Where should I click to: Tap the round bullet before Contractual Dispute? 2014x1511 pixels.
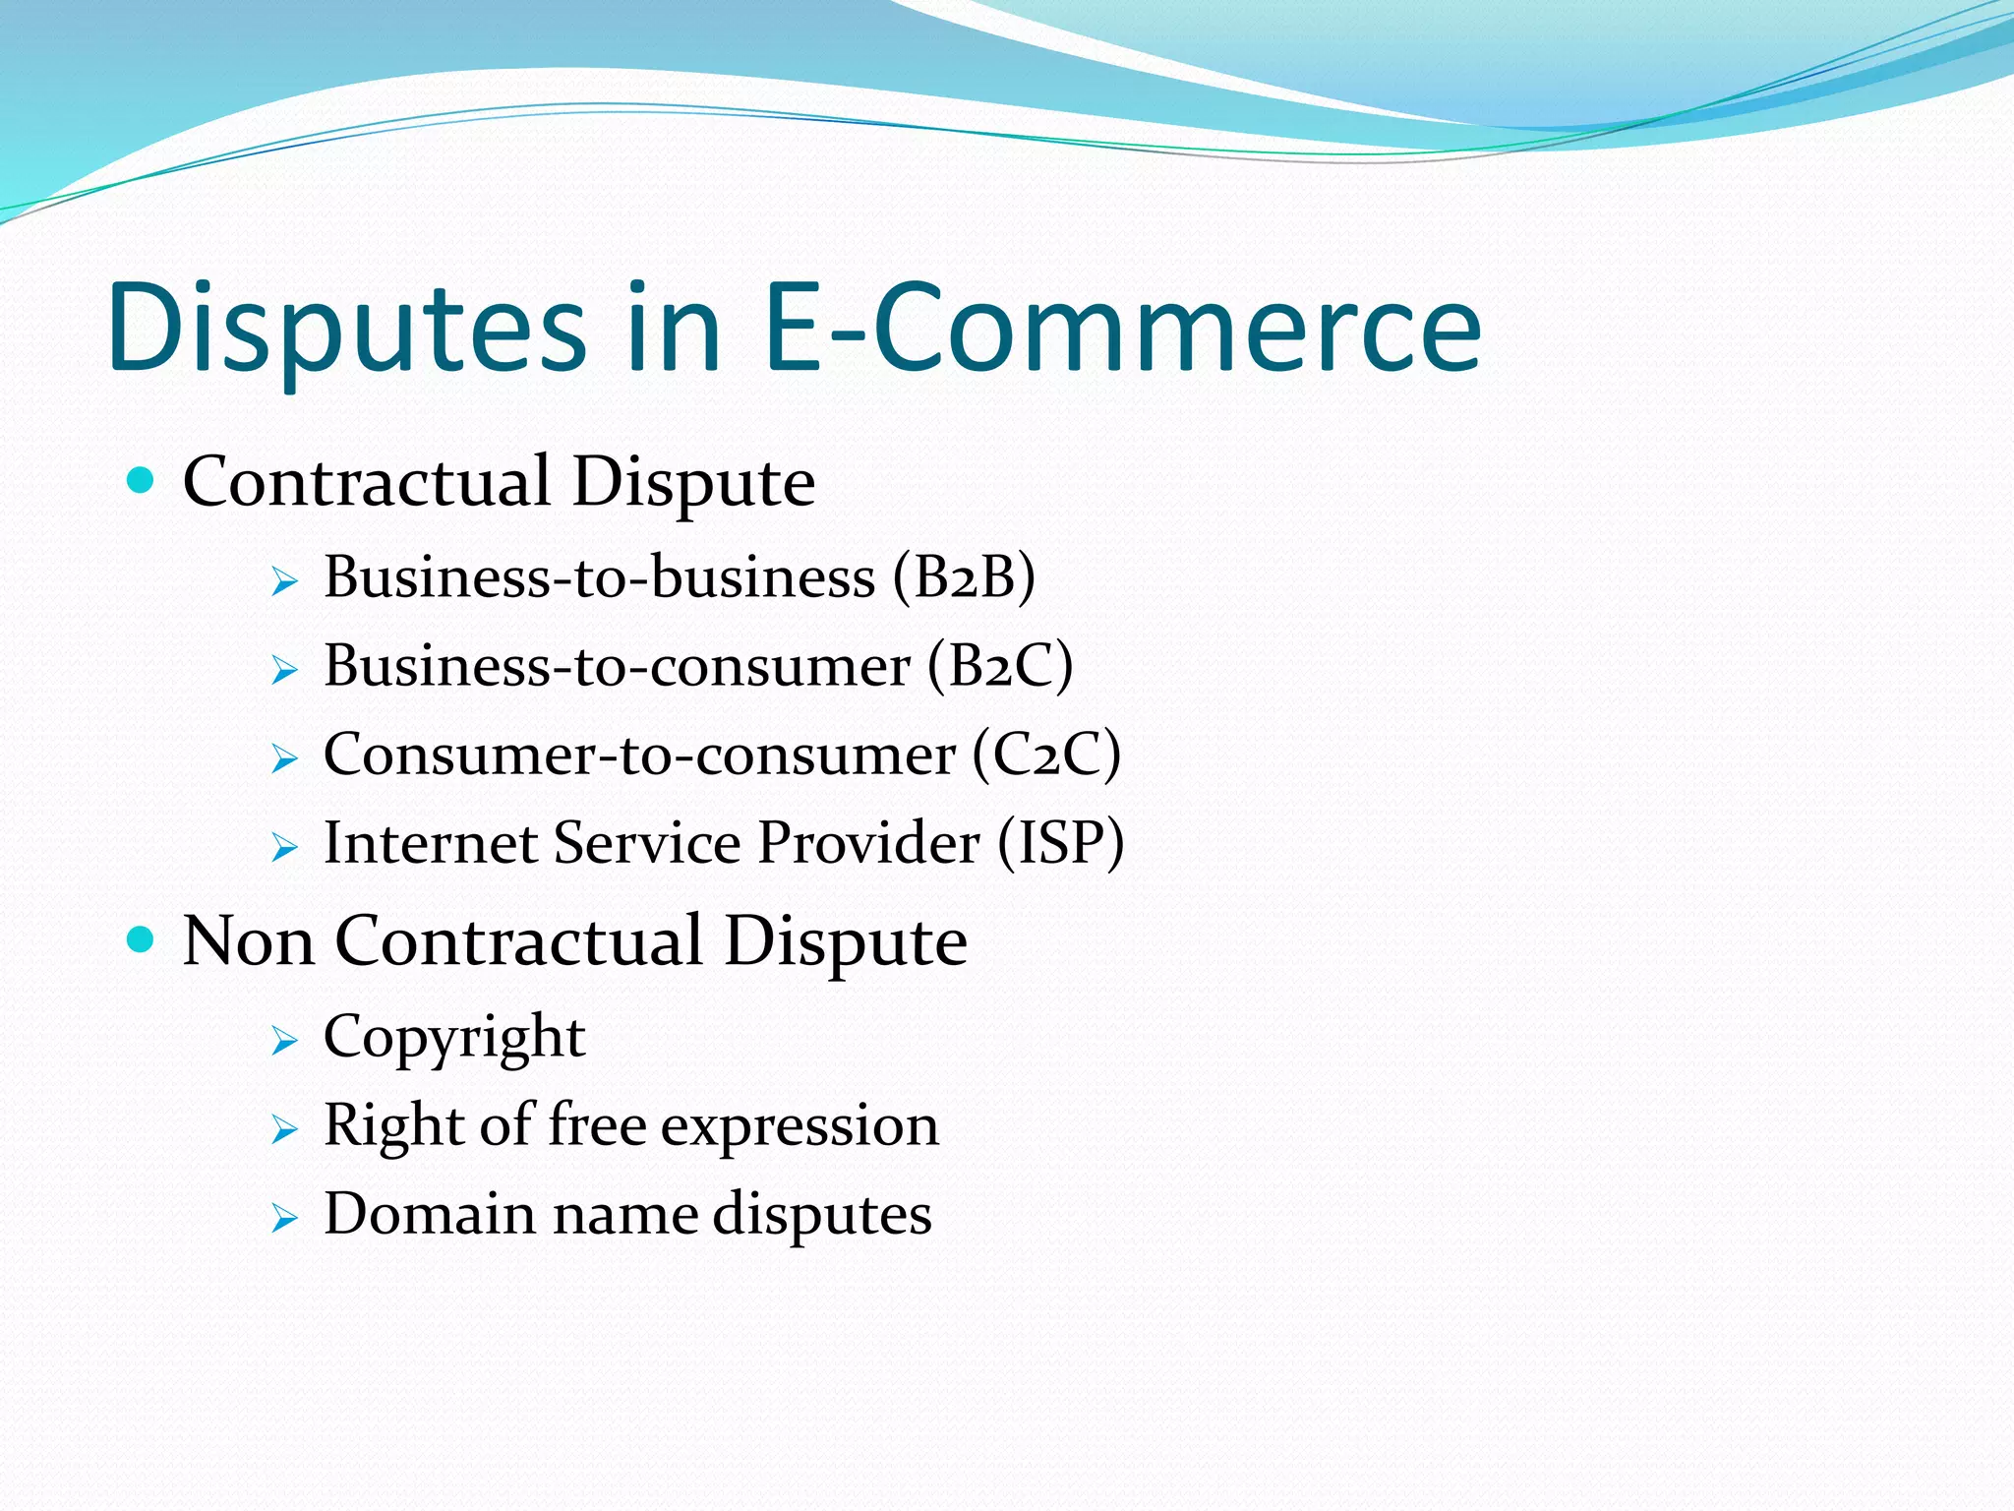tap(142, 481)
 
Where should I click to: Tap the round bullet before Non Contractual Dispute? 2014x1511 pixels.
tap(142, 939)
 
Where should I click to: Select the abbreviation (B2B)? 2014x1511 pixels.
tap(964, 576)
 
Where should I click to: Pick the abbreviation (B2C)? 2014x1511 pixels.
tap(999, 666)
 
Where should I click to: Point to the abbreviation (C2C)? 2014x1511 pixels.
tap(1046, 755)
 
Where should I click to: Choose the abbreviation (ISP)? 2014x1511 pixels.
tap(1060, 843)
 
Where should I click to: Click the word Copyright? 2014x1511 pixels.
tap(454, 1037)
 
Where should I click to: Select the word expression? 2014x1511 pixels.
tap(800, 1124)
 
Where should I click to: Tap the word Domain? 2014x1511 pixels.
tap(430, 1213)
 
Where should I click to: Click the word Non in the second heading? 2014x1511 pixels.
tap(249, 940)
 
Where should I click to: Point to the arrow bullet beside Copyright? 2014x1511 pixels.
tap(284, 1041)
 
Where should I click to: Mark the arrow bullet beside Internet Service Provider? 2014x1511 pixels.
tap(284, 847)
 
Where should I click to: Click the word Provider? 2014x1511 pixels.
tap(868, 843)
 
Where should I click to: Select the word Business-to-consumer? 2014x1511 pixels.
tap(617, 666)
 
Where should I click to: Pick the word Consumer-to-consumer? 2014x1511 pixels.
tap(639, 755)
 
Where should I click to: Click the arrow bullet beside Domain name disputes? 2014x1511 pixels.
tap(284, 1218)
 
